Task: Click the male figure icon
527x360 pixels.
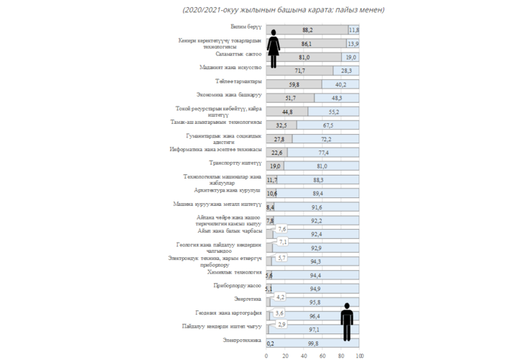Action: (x=348, y=322)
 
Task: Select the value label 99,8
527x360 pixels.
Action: (x=313, y=343)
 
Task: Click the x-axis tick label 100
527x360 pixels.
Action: (x=359, y=356)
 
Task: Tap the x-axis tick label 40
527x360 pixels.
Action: (x=304, y=356)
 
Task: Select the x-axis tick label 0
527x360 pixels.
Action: (x=266, y=356)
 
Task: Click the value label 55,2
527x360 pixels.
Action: (x=333, y=112)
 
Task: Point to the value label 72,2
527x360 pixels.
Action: (x=325, y=138)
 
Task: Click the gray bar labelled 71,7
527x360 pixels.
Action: (x=299, y=71)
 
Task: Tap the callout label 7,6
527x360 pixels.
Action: (x=282, y=229)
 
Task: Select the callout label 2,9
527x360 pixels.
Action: (x=281, y=325)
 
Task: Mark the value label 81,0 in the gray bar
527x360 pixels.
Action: (x=304, y=57)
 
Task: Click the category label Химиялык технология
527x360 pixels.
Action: (x=233, y=272)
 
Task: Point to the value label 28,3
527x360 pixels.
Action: (x=346, y=71)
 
